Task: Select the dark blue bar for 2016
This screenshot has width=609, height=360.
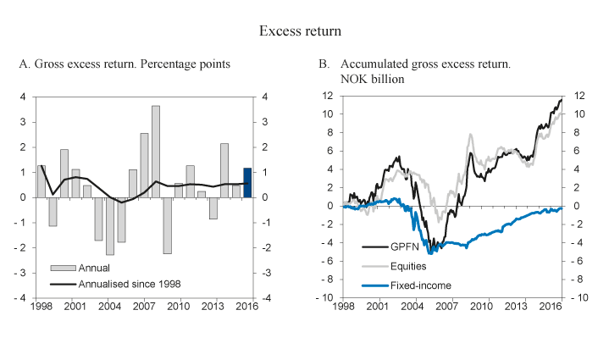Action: click(247, 183)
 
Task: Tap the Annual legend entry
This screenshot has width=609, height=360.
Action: click(92, 269)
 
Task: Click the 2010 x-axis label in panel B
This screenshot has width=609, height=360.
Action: click(481, 305)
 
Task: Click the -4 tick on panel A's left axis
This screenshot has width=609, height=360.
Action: click(25, 298)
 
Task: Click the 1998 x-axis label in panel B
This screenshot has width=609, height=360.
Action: click(344, 305)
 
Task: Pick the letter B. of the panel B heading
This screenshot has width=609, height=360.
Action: click(323, 64)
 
